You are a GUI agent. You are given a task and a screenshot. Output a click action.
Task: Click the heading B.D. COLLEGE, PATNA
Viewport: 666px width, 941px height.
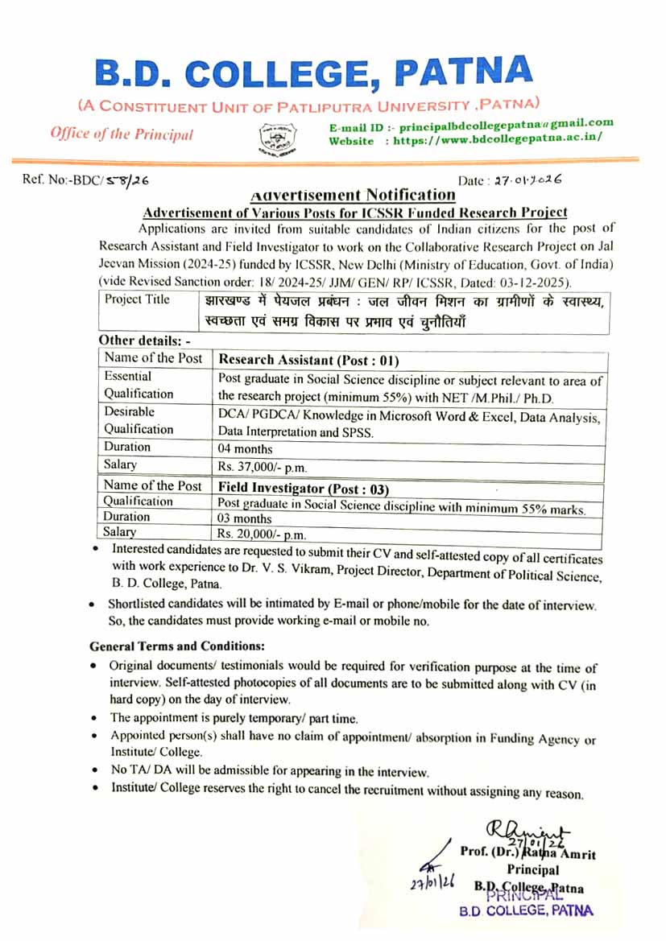click(x=314, y=74)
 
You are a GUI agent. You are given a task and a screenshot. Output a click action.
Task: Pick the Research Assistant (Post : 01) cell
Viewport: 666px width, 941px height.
click(x=308, y=360)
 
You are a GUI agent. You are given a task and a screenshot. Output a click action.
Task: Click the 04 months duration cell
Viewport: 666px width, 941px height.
click(x=245, y=448)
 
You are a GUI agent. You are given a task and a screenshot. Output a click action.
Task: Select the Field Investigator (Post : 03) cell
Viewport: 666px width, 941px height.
click(x=304, y=488)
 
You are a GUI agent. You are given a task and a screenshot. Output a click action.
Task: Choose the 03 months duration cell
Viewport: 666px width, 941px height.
click(x=245, y=518)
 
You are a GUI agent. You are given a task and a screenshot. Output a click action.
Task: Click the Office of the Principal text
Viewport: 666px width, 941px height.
click(x=122, y=134)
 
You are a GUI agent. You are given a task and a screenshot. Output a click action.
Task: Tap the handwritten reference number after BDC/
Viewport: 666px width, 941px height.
click(x=131, y=180)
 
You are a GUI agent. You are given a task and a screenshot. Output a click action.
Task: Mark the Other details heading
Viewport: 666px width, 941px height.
click(x=143, y=340)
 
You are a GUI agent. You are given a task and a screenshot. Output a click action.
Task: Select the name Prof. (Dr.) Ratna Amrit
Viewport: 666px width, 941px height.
click(x=527, y=853)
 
